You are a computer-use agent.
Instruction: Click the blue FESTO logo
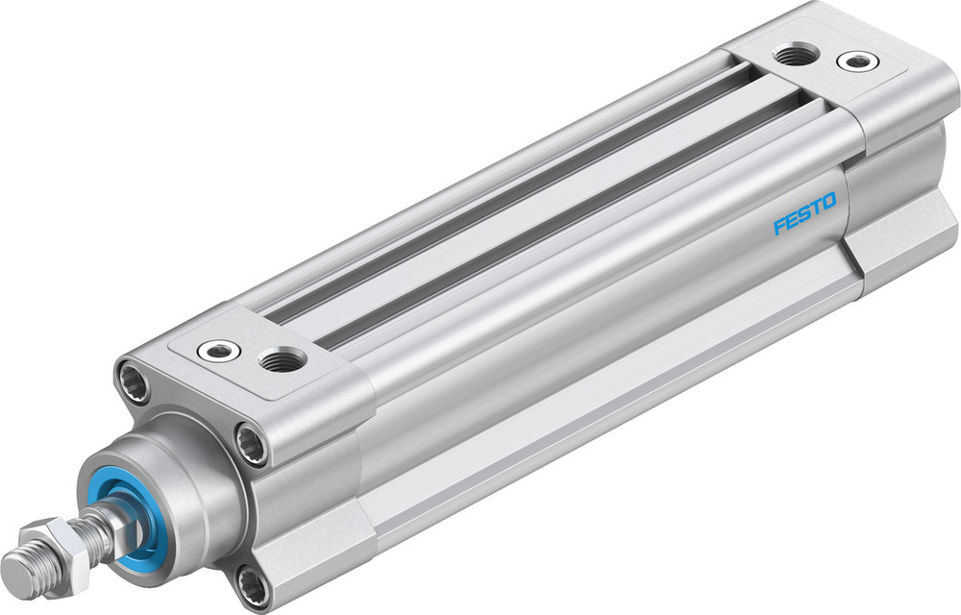point(805,214)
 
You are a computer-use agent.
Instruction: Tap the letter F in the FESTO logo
point(779,227)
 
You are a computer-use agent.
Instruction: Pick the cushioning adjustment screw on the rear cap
point(854,62)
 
